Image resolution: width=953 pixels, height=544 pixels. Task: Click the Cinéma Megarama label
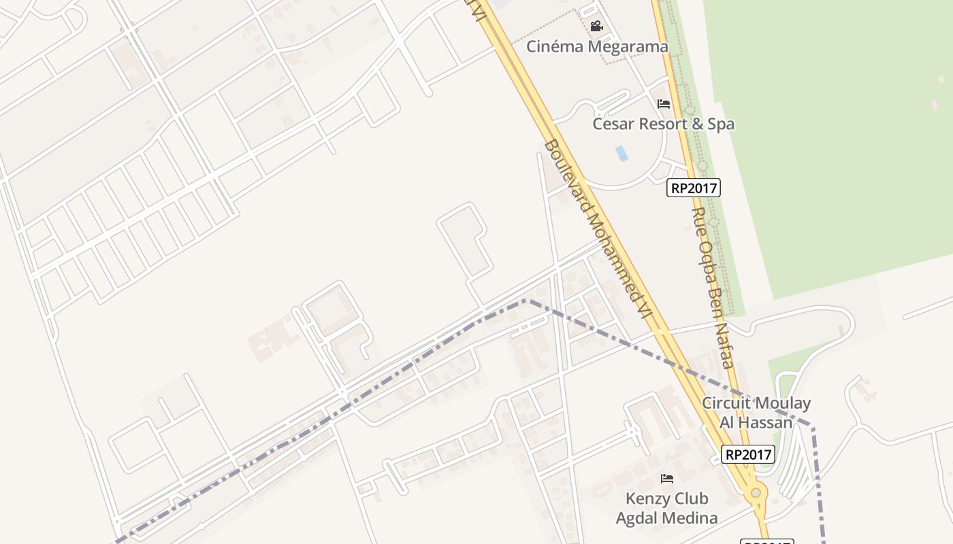[598, 47]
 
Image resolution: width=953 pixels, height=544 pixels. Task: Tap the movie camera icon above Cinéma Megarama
[596, 27]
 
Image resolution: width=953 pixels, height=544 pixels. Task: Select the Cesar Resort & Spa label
[663, 124]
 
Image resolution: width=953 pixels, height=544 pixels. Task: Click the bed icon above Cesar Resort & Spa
[664, 104]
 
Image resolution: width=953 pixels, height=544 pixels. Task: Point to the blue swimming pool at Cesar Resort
[621, 154]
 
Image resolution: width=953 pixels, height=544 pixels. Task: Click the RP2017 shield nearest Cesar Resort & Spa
[693, 188]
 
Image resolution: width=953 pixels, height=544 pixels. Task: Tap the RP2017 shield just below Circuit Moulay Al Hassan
[748, 454]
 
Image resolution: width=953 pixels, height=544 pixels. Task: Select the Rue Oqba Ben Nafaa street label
[712, 287]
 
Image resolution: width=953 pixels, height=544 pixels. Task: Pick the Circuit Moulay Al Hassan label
[756, 412]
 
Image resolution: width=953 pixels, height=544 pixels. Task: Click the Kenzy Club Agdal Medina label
[666, 508]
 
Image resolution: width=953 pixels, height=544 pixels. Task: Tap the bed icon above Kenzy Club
[667, 479]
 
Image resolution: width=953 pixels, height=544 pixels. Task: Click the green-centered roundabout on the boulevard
[756, 492]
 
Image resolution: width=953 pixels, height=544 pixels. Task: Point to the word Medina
[692, 518]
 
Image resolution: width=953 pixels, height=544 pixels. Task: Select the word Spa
[721, 124]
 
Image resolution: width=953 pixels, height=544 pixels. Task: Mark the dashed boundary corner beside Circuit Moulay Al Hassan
[812, 426]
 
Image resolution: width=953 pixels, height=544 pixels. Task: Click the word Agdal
[638, 518]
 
